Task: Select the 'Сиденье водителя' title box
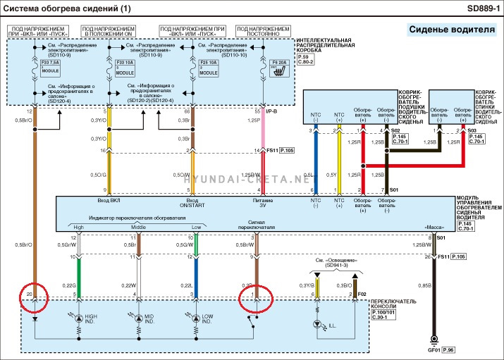tap(451, 30)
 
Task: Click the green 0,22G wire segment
tap(80, 278)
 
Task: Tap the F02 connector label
tap(362, 292)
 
